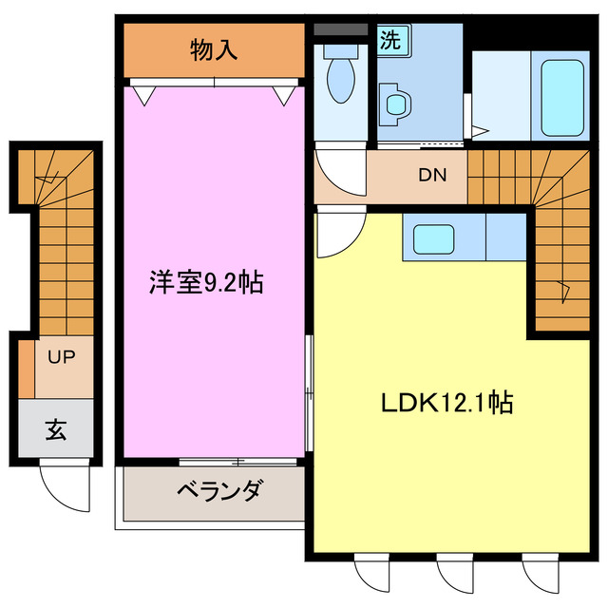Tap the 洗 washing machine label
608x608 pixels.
[x=389, y=40]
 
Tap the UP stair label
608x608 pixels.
[x=62, y=358]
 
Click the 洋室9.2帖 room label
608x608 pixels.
[x=206, y=282]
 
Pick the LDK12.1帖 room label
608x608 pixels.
[x=446, y=403]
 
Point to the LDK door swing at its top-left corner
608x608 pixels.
[x=335, y=233]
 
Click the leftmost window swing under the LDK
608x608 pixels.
[x=367, y=574]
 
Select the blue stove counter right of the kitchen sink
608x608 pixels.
[x=504, y=237]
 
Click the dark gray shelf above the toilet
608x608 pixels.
[x=339, y=29]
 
